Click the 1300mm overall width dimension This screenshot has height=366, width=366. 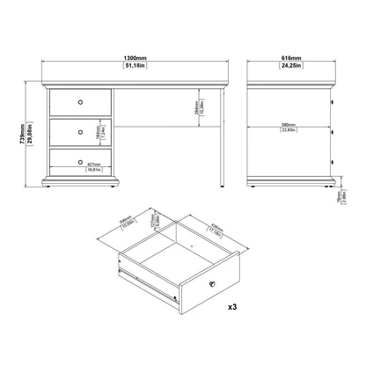tap(135, 58)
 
